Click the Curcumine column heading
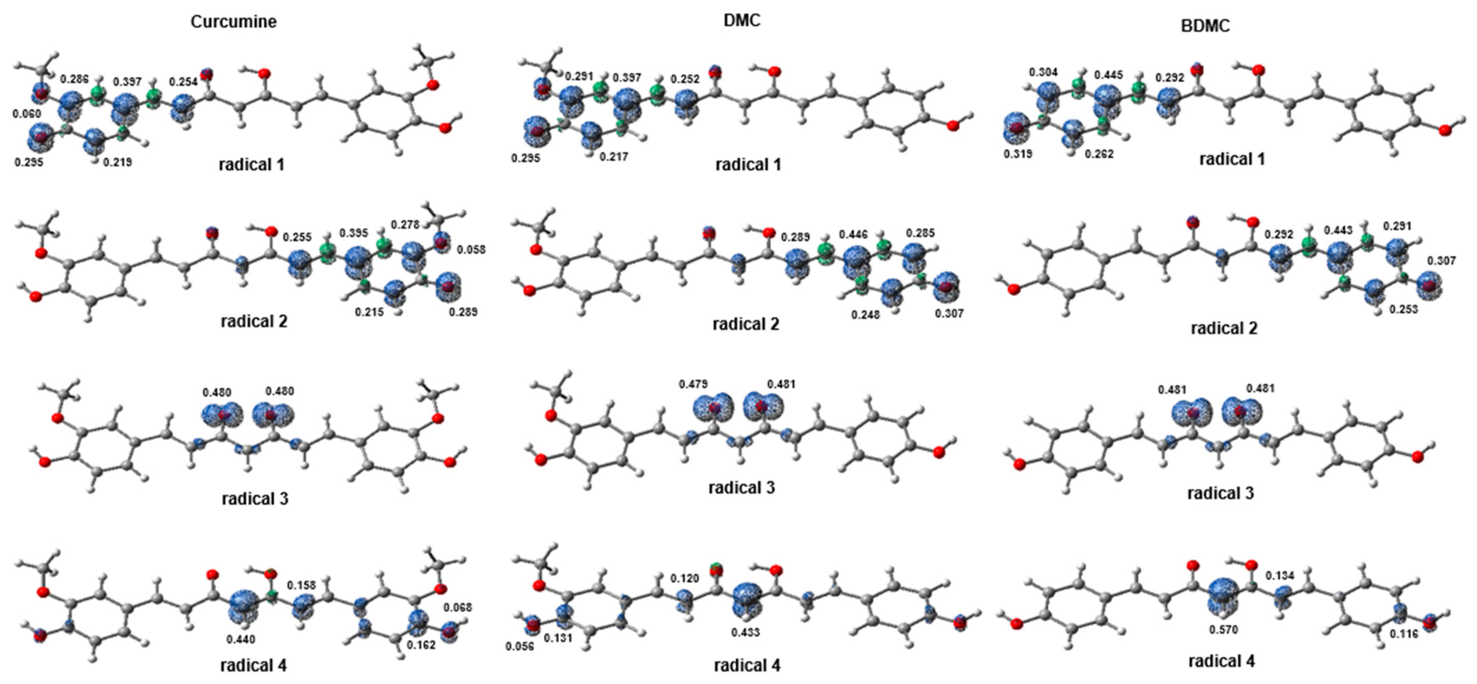233,22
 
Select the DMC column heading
742,20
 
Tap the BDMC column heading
1205,26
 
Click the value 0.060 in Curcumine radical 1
27,114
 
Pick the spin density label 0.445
1108,75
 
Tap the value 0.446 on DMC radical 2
853,234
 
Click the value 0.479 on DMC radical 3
693,384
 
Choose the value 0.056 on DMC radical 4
519,646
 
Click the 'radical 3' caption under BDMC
1221,493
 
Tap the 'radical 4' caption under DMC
747,666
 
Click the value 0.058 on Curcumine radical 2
471,250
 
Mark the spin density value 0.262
1099,154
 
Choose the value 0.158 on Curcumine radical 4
301,586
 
